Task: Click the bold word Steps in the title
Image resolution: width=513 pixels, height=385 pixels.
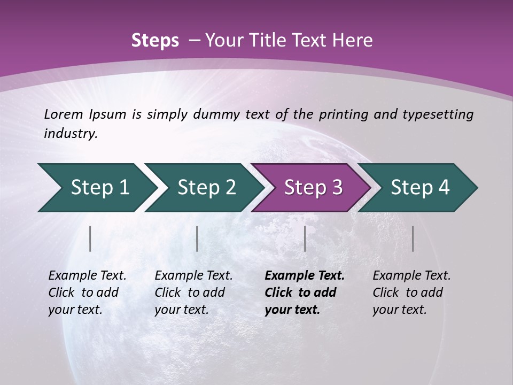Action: [x=155, y=41]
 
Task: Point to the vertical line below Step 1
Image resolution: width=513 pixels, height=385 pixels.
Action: [x=90, y=238]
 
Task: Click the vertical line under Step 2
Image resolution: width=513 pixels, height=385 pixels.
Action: [x=197, y=238]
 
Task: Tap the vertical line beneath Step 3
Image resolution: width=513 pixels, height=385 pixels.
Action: [x=305, y=238]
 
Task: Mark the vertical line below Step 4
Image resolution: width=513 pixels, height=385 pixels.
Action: [x=413, y=238]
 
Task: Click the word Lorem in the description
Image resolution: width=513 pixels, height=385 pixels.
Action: [x=63, y=114]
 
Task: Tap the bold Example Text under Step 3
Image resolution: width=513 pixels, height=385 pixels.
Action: [x=305, y=276]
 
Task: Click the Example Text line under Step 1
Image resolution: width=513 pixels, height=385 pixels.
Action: [x=87, y=276]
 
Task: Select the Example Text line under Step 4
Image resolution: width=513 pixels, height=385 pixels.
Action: [x=411, y=276]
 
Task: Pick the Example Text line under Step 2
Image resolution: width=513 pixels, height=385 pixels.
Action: [x=193, y=276]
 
